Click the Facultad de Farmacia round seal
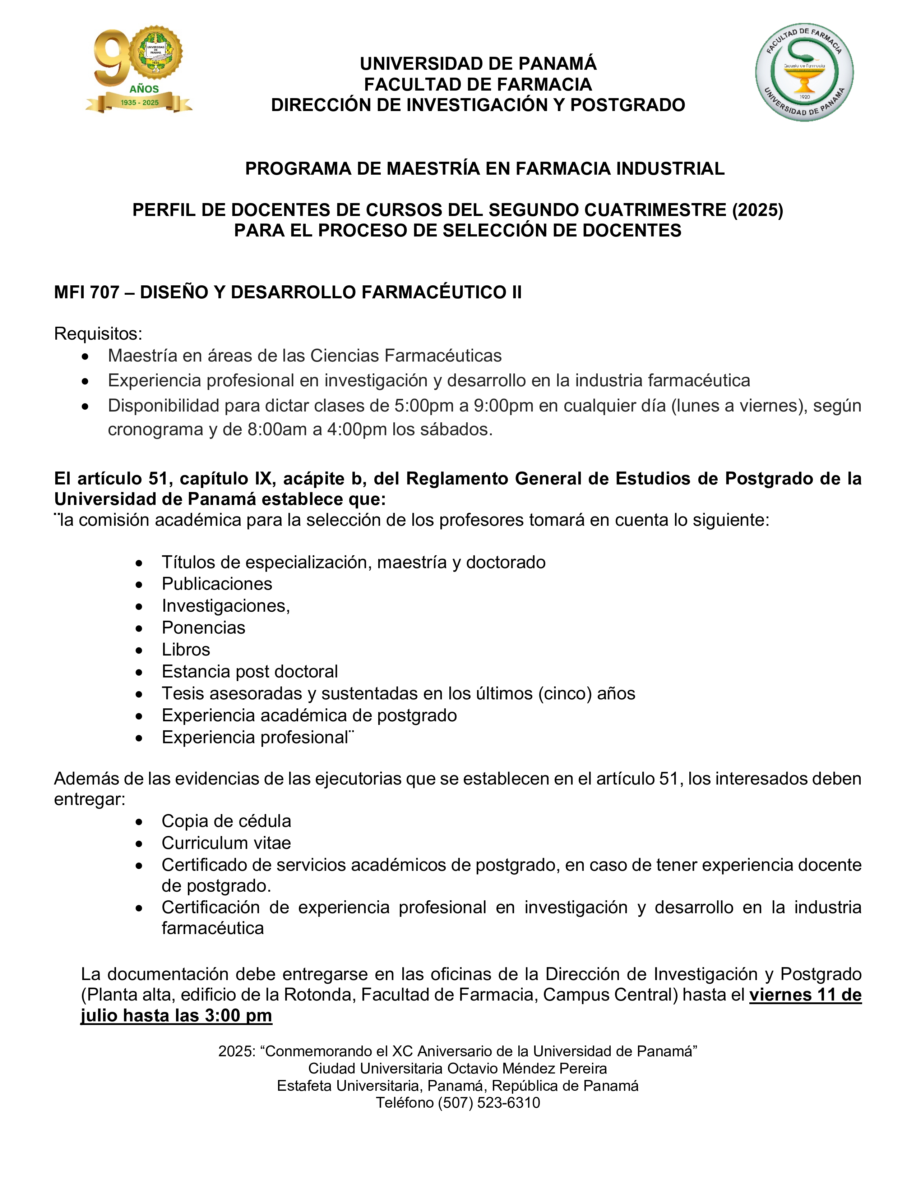(804, 72)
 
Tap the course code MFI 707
(87, 292)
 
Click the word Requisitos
(98, 334)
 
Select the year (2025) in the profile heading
(758, 210)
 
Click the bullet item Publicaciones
(217, 584)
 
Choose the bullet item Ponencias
(203, 628)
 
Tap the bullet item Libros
(186, 649)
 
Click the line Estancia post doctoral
(250, 672)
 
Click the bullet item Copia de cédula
(226, 821)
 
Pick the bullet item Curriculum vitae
(226, 843)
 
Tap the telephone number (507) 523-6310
(489, 1103)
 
